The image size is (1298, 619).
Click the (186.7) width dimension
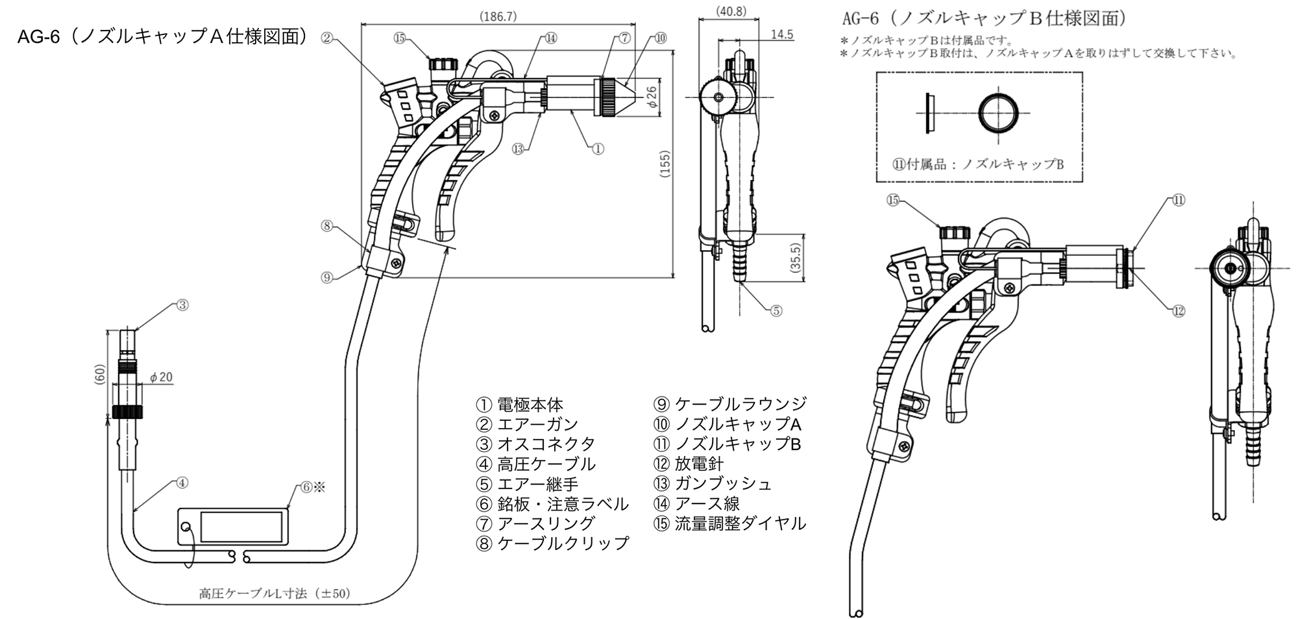click(498, 17)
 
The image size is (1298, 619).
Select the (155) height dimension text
click(665, 164)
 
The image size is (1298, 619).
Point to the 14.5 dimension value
click(782, 34)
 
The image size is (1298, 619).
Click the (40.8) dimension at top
click(731, 11)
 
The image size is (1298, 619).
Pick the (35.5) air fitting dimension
click(796, 257)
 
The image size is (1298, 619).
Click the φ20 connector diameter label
click(161, 377)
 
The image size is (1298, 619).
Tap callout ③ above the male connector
click(182, 305)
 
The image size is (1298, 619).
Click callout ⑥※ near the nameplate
click(312, 487)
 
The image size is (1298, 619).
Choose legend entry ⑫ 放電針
click(689, 464)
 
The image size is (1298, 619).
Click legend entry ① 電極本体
click(520, 405)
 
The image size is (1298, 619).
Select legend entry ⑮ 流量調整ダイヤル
click(730, 524)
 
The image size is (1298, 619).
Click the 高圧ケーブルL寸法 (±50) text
click(275, 594)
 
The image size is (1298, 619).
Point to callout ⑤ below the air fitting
click(776, 310)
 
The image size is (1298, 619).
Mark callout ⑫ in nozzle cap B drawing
click(1179, 311)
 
